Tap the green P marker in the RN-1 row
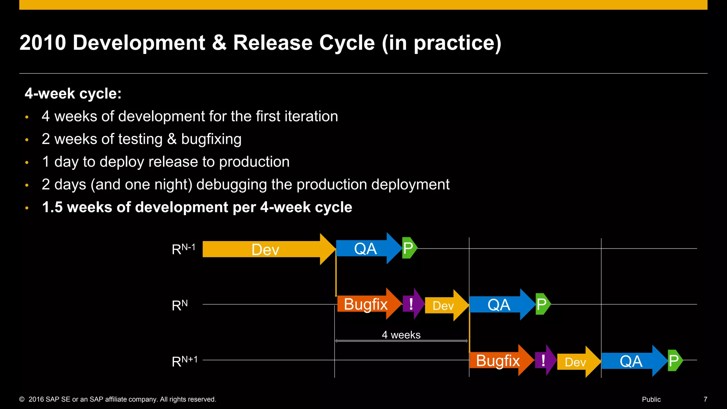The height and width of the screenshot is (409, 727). pos(409,248)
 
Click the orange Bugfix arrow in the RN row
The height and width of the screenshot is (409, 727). pos(366,304)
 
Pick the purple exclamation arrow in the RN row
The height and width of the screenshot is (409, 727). pos(412,304)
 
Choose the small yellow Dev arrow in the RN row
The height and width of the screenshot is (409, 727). pos(444,305)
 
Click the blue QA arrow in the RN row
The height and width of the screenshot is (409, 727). pos(499,305)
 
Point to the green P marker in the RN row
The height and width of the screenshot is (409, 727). pos(542,304)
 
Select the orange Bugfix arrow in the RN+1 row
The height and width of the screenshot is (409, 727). pos(498,360)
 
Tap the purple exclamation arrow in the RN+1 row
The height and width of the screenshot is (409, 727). pos(544,360)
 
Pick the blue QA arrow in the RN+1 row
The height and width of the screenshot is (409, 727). pos(631,361)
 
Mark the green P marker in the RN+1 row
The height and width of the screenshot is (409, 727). pos(674,360)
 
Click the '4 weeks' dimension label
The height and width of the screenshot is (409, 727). pos(401,335)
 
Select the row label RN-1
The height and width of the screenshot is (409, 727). pos(183,249)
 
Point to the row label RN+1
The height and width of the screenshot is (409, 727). pos(184,361)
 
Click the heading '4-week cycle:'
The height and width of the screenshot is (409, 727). pos(73,94)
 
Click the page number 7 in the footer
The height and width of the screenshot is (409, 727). pos(705,399)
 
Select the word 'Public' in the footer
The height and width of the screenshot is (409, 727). pos(651,399)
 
